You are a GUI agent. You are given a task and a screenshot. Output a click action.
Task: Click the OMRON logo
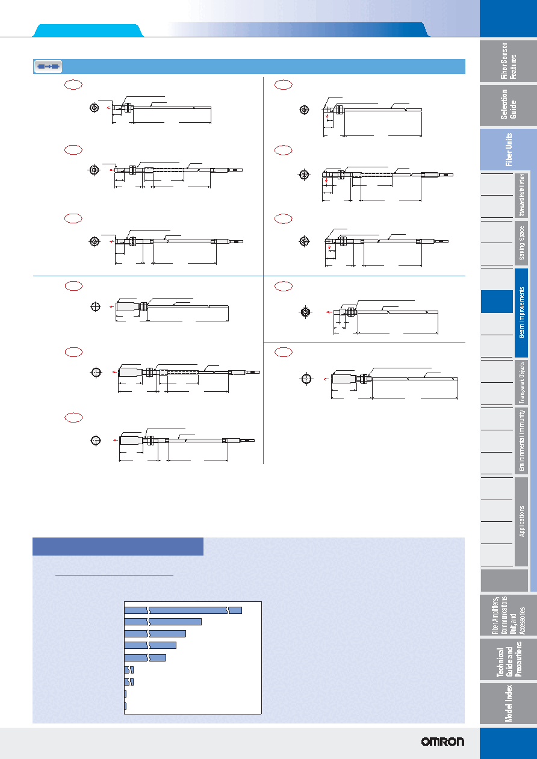[x=442, y=742]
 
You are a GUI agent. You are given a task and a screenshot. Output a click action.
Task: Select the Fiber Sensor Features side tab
[x=508, y=61]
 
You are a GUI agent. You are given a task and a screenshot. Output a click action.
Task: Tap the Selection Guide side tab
[x=508, y=105]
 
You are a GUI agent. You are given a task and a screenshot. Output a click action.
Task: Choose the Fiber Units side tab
[x=508, y=149]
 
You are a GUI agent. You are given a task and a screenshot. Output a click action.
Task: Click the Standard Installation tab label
[x=521, y=195]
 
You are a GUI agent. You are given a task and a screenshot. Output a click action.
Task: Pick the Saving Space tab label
[x=521, y=243]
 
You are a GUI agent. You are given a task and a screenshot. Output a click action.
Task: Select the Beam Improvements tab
[x=521, y=312]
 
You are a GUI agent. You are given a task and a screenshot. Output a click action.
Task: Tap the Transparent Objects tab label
[x=521, y=383]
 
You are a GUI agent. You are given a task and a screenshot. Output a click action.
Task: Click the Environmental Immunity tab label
[x=521, y=441]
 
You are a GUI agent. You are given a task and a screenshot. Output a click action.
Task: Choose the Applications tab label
[x=521, y=521]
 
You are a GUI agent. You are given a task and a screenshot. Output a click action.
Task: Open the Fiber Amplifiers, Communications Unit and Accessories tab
[x=508, y=615]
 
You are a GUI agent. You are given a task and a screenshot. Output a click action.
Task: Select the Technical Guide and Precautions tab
[x=508, y=659]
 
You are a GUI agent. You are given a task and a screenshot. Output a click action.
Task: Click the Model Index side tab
[x=508, y=703]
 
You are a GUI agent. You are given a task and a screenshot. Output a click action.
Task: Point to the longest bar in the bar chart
[x=183, y=610]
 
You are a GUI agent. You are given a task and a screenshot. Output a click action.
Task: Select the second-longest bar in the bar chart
[x=163, y=621]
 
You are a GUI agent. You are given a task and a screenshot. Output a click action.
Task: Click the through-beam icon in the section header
[x=48, y=66]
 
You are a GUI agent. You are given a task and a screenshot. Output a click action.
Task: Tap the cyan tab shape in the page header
[x=88, y=30]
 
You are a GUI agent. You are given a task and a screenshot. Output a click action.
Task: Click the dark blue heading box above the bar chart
[x=118, y=546]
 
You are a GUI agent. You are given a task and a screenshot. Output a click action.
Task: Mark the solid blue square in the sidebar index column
[x=497, y=302]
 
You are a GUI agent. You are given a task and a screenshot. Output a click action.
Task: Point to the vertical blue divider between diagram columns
[x=263, y=270]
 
